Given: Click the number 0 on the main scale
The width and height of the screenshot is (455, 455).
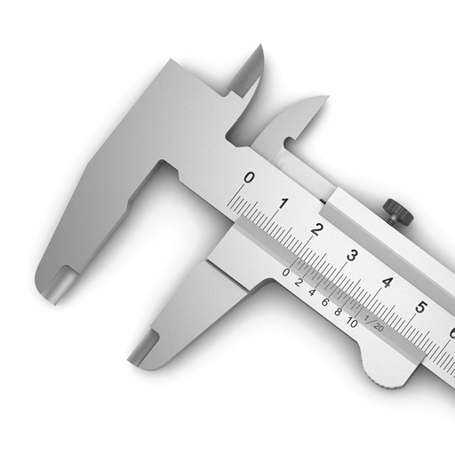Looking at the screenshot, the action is click(x=249, y=178).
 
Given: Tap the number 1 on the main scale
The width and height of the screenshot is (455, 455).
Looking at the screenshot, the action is click(x=283, y=204).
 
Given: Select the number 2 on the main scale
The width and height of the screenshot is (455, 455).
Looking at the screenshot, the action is click(x=317, y=229).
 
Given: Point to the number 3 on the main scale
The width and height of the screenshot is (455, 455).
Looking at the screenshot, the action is click(x=352, y=255).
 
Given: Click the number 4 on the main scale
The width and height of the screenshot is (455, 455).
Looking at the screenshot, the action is click(x=387, y=282).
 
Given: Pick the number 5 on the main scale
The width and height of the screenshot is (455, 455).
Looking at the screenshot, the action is click(x=420, y=307).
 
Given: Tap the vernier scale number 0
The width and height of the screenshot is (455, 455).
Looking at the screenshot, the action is click(x=285, y=273).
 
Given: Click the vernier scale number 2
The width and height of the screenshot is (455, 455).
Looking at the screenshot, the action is click(x=299, y=283).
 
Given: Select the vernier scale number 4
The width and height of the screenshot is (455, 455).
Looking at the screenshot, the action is click(x=312, y=292).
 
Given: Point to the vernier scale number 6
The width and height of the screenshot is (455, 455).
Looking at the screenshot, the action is click(x=325, y=302).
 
